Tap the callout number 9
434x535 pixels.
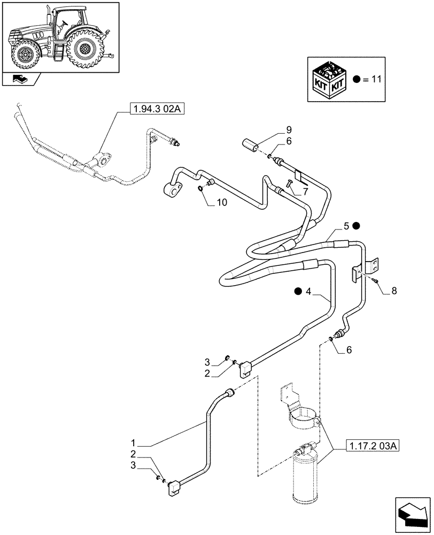click(x=288, y=129)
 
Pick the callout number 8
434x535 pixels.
click(x=394, y=291)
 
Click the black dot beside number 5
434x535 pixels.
click(x=356, y=226)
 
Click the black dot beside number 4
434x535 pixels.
click(x=298, y=291)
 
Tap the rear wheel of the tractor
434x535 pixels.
click(x=84, y=49)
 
